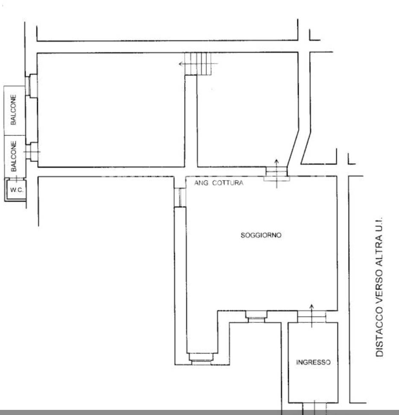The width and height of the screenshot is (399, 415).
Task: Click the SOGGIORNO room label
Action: (261, 235)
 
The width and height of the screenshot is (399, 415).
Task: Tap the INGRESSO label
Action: (313, 362)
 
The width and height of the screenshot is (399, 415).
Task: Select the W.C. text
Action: (17, 190)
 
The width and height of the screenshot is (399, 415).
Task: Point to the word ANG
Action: (201, 183)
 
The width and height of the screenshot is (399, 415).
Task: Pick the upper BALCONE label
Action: (13, 110)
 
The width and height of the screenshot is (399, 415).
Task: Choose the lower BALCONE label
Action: (13, 156)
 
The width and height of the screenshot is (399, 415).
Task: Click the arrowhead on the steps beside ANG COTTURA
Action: (276, 161)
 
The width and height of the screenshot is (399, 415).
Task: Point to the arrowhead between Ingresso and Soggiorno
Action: (311, 307)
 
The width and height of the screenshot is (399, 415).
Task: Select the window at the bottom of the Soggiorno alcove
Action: (201, 359)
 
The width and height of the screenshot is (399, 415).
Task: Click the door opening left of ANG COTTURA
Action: (180, 197)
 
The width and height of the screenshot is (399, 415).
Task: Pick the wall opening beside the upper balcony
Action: (32, 86)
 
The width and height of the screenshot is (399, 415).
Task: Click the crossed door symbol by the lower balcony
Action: (32, 152)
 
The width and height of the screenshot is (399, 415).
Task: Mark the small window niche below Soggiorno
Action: (255, 316)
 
